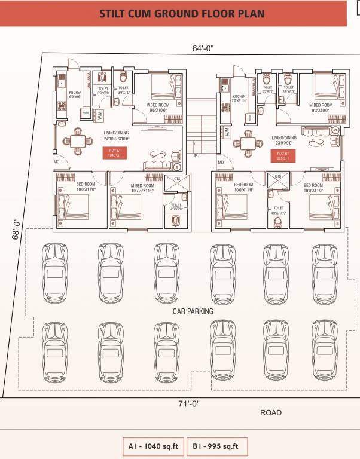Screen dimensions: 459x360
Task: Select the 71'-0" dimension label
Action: [188, 403]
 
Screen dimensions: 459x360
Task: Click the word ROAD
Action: [270, 412]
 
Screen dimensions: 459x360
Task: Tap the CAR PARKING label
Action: [193, 311]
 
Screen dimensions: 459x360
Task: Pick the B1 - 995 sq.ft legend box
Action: [215, 446]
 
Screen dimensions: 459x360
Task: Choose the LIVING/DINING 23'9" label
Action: [283, 140]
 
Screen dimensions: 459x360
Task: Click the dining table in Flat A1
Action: [78, 142]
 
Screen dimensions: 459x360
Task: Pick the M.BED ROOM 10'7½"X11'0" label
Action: [142, 188]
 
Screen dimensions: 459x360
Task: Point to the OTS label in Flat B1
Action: [277, 178]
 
